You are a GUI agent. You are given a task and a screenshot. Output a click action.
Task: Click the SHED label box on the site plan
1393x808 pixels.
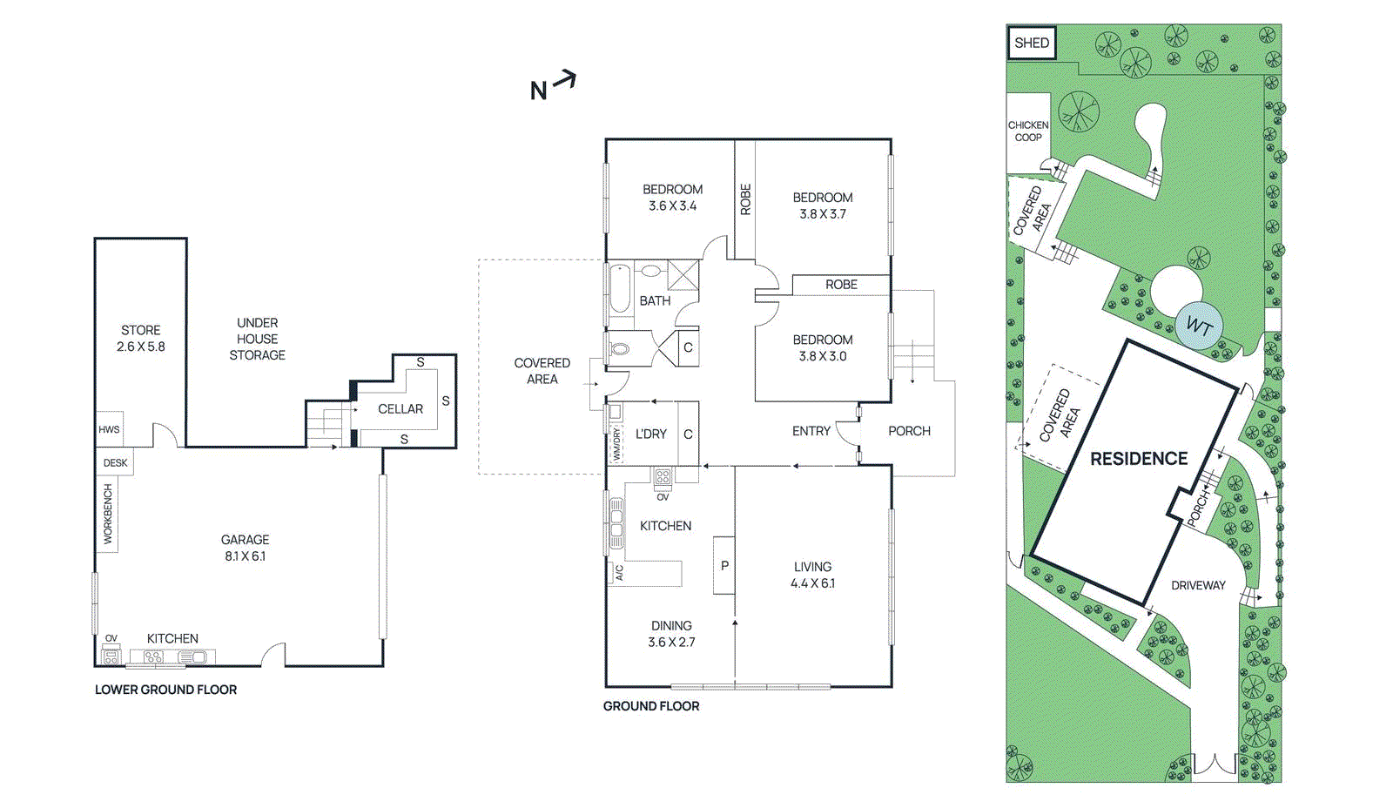[x=1032, y=43]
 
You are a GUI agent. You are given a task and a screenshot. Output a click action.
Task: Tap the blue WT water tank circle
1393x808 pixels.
[x=1199, y=326]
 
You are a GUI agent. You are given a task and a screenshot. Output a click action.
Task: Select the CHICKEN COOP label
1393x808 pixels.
[x=1028, y=131]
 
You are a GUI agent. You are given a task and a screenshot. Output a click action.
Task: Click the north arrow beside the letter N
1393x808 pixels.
[x=565, y=80]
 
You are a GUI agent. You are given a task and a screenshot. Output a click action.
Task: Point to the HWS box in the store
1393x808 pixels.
[x=109, y=429]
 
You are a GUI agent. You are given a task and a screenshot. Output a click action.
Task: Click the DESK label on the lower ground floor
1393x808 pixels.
[x=115, y=463]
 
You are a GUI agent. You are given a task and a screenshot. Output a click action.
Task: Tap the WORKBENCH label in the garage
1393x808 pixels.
[x=108, y=514]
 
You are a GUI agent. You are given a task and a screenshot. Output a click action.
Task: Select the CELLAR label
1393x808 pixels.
[x=400, y=408]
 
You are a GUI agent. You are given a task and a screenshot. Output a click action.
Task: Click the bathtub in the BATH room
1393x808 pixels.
[x=620, y=288]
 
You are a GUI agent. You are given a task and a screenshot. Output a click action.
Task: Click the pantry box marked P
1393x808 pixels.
[x=723, y=565]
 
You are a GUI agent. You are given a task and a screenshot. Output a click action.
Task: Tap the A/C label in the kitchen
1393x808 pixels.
[x=619, y=573]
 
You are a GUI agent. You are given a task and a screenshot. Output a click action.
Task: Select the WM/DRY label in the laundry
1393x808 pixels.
[x=616, y=444]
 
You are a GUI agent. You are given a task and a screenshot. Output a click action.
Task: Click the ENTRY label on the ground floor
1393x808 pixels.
[x=811, y=430]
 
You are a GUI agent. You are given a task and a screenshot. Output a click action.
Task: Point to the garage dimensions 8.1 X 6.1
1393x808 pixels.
[x=245, y=556]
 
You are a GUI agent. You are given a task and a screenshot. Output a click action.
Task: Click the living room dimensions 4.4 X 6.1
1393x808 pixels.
[x=812, y=582]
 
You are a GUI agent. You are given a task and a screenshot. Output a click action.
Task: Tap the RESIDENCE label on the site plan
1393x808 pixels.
[x=1139, y=459]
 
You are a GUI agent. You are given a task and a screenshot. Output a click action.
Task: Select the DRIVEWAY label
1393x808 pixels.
[x=1198, y=585]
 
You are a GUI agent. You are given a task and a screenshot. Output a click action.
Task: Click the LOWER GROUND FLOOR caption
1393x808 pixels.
[x=165, y=690]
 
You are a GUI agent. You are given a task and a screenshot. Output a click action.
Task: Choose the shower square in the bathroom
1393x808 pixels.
[x=683, y=275]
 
